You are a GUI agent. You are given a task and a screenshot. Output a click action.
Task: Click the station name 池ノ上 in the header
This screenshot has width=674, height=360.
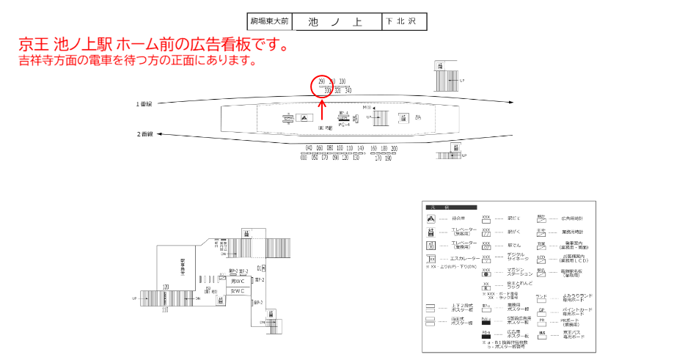click(337, 22)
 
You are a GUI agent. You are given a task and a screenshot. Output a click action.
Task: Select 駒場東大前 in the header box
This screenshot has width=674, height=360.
click(269, 22)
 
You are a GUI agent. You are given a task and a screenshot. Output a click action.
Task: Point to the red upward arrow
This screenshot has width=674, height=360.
click(322, 110)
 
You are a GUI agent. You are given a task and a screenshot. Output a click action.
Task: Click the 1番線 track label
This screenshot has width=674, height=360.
click(144, 104)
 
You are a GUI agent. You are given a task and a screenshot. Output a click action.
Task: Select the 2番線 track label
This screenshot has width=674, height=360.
click(144, 134)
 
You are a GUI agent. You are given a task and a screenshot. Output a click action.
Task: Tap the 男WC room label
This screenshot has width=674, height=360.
click(238, 281)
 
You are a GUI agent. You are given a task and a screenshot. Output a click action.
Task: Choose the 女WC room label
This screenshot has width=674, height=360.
click(238, 291)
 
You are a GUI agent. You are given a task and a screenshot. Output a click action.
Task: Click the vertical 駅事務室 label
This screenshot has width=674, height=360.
click(183, 267)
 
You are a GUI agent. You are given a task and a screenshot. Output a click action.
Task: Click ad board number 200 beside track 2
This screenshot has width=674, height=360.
click(394, 149)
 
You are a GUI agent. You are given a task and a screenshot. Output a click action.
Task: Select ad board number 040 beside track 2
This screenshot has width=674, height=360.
click(309, 149)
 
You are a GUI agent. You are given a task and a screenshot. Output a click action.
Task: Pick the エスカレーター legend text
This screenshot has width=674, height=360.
click(465, 259)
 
